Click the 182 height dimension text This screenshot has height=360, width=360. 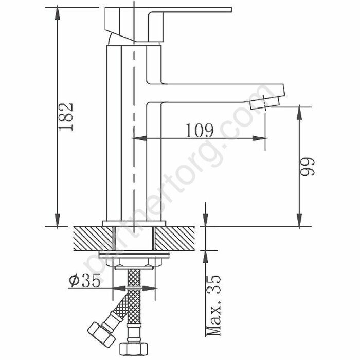pyautogui.click(x=67, y=117)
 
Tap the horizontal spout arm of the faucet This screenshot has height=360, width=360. pyautogui.click(x=216, y=93)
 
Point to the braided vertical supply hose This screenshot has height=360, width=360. pyautogui.click(x=135, y=303)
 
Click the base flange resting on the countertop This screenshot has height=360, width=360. pyautogui.click(x=135, y=223)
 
